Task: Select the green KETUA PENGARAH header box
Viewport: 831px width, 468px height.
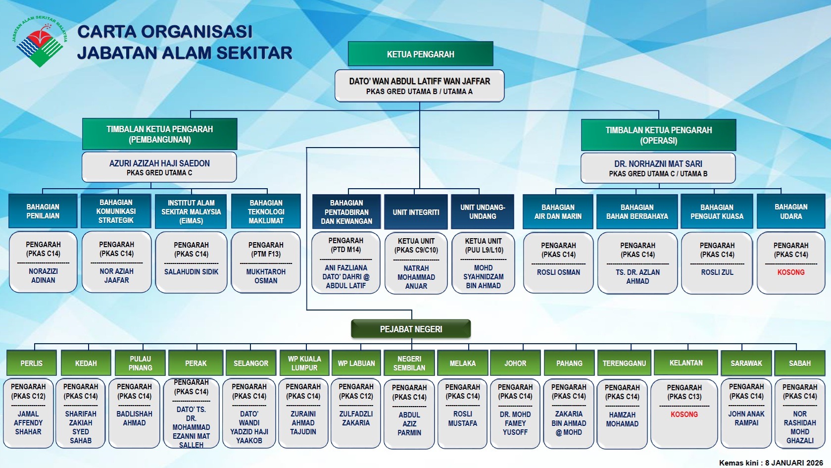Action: point(420,54)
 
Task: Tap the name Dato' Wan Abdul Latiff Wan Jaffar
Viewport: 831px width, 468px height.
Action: point(419,81)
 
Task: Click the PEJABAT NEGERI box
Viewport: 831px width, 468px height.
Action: point(411,329)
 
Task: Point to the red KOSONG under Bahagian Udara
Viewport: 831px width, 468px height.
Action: point(790,272)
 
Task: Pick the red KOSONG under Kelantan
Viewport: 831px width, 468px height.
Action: point(684,414)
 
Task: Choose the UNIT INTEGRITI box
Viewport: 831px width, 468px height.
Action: point(416,212)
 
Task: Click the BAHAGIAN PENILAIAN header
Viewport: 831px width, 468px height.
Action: point(43,211)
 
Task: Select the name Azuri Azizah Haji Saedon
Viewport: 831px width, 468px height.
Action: point(159,163)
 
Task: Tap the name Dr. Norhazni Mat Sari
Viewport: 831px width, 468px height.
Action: point(658,163)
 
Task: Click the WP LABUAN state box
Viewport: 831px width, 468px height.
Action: point(356,363)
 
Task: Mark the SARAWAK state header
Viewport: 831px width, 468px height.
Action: point(746,363)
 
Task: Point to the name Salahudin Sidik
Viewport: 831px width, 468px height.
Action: point(191,271)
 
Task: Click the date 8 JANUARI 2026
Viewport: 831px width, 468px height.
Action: point(794,463)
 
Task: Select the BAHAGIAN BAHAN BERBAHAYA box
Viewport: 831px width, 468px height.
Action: point(637,211)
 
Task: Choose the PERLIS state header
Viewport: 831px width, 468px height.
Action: point(32,363)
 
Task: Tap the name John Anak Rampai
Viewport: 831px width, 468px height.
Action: point(746,418)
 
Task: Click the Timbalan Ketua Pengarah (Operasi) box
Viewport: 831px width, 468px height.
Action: point(658,135)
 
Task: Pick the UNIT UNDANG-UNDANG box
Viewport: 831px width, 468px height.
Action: point(483,211)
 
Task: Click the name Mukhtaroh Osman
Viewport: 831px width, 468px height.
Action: point(266,276)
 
